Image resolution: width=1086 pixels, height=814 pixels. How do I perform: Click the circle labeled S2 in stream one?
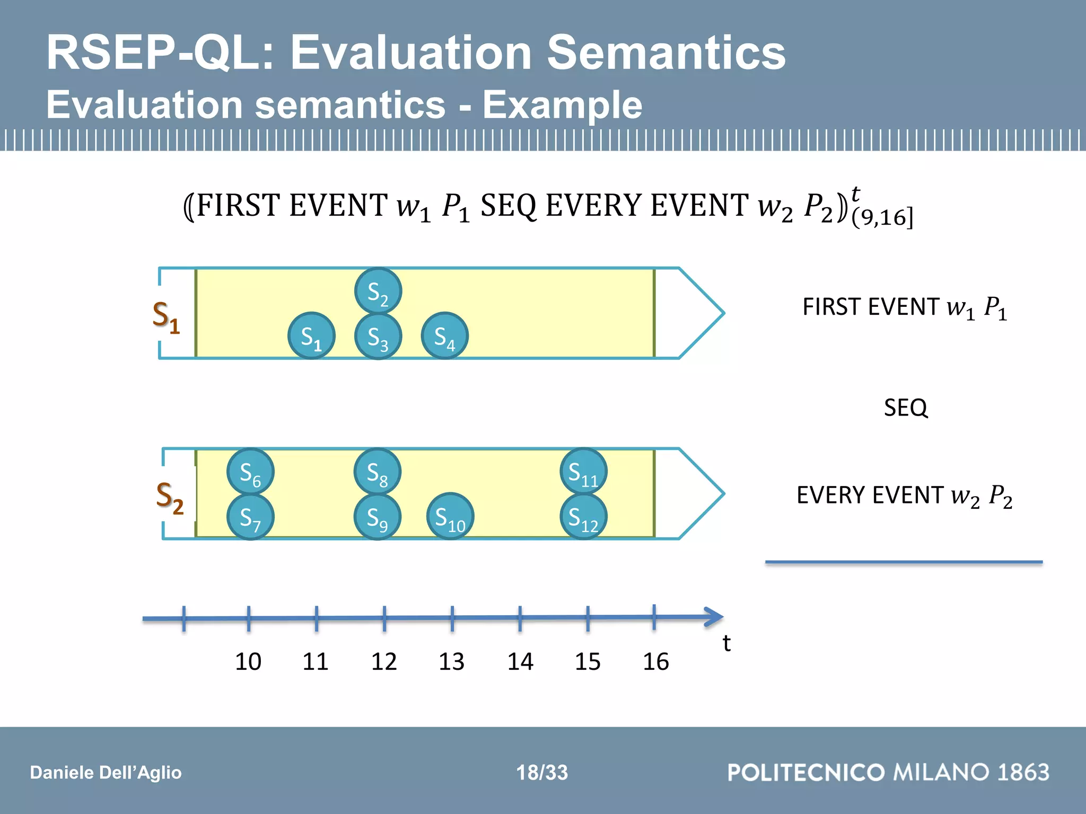click(x=378, y=291)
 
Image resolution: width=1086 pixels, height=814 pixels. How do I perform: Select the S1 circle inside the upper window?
click(x=311, y=336)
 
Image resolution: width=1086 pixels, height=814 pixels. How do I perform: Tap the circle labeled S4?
click(x=444, y=336)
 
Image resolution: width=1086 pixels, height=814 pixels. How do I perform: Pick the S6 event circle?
click(x=250, y=472)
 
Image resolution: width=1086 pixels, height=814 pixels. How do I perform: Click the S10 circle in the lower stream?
click(x=450, y=517)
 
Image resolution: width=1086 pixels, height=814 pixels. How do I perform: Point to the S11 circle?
click(x=583, y=472)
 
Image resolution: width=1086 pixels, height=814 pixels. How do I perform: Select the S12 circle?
click(x=583, y=517)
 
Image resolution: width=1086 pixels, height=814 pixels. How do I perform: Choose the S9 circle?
click(x=377, y=517)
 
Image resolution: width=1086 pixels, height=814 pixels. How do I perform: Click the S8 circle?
click(x=377, y=472)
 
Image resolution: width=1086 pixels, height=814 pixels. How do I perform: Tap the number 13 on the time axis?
click(x=451, y=661)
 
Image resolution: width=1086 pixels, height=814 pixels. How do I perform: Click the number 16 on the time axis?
click(x=655, y=661)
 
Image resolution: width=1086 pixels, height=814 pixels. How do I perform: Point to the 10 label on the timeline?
click(x=248, y=661)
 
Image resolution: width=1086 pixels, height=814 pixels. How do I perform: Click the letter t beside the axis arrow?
click(x=726, y=643)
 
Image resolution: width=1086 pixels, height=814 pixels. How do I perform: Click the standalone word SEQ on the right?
click(x=905, y=408)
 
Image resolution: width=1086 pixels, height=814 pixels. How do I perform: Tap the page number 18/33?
click(x=542, y=772)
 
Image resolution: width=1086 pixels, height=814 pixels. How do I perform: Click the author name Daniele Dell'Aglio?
click(x=106, y=772)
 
